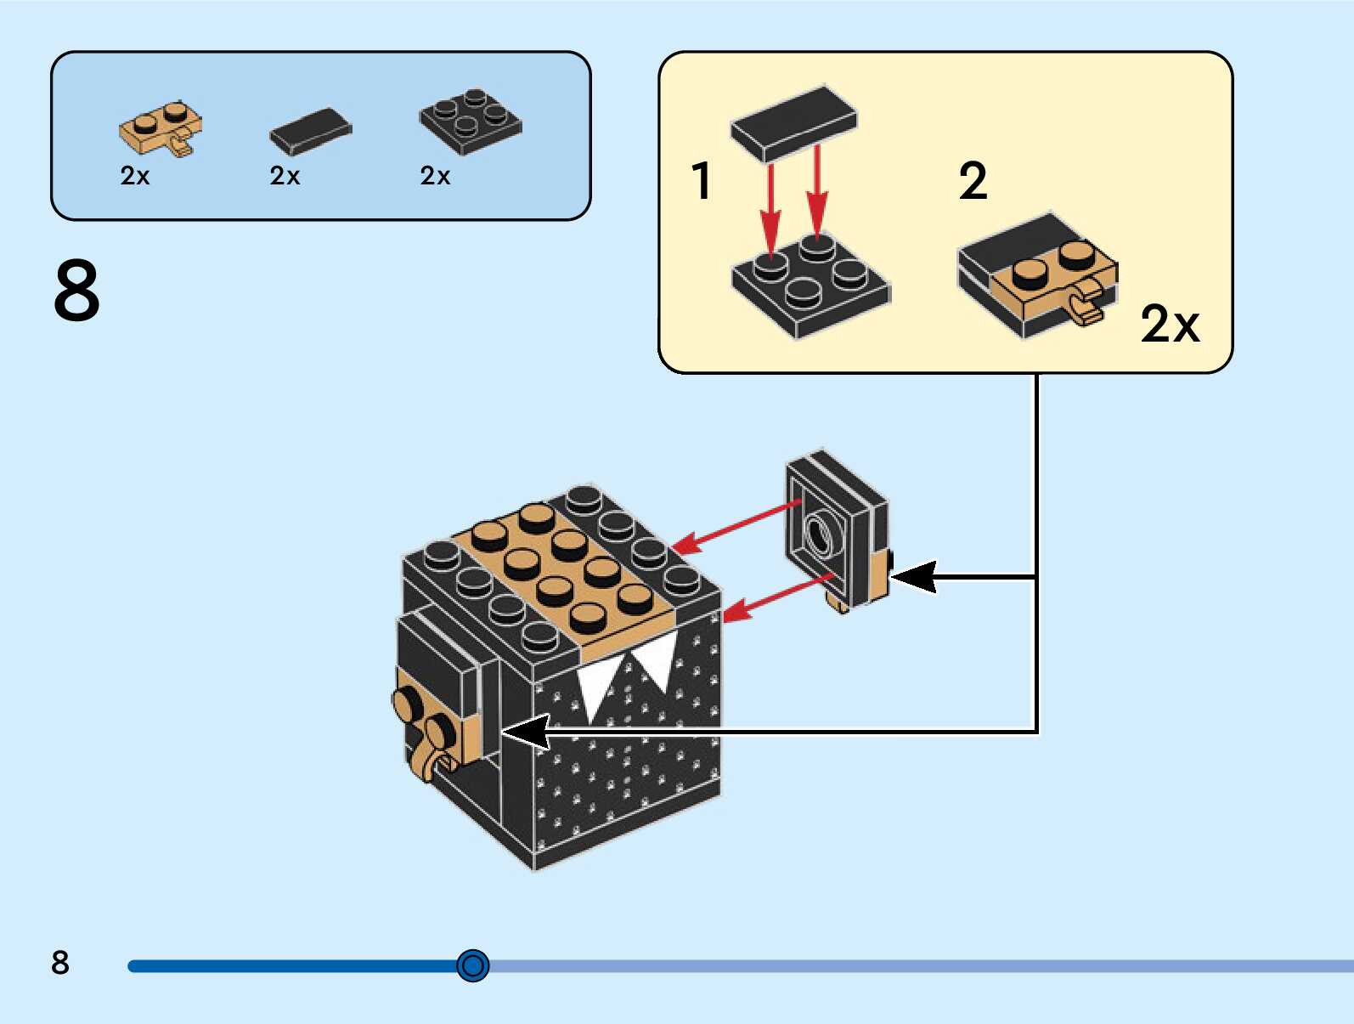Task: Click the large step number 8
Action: click(76, 291)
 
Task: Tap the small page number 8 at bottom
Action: click(59, 963)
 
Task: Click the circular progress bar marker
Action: click(472, 965)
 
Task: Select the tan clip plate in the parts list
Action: click(161, 129)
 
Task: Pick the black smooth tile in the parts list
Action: click(310, 132)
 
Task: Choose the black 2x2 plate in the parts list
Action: click(471, 122)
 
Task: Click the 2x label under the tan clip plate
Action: click(135, 176)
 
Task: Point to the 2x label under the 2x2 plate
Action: click(435, 176)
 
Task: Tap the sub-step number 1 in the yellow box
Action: click(701, 181)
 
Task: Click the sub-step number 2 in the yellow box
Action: click(973, 181)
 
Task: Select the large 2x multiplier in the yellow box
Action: click(1170, 324)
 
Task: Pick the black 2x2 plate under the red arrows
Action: click(810, 286)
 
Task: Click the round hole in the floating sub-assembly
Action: click(820, 535)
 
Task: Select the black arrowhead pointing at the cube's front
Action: click(527, 732)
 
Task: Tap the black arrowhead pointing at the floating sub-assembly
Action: click(914, 577)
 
